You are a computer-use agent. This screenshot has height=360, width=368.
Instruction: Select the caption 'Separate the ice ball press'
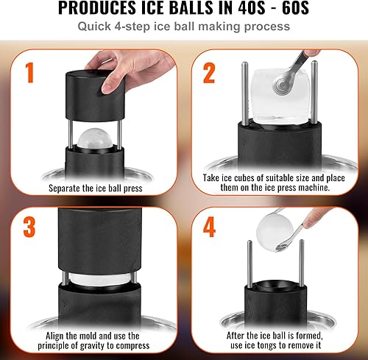pyautogui.click(x=95, y=188)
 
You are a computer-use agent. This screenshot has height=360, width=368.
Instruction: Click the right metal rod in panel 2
pyautogui.click(x=316, y=88)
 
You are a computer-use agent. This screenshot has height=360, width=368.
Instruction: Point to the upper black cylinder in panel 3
pyautogui.click(x=96, y=242)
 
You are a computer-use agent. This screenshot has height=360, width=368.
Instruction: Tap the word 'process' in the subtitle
pyautogui.click(x=267, y=27)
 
